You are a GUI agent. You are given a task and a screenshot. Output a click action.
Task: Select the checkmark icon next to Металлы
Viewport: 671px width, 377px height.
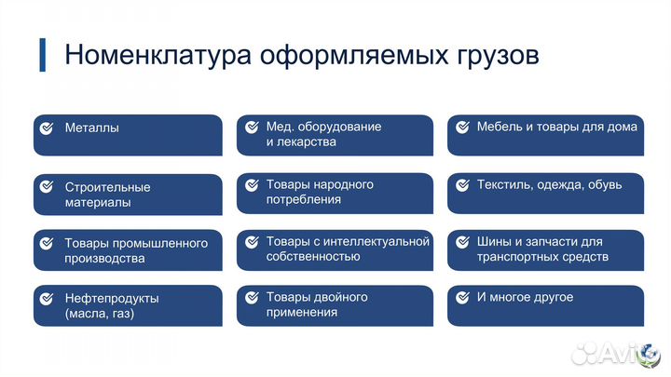[47, 128]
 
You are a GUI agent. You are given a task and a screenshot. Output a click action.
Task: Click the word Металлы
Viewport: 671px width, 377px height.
[91, 128]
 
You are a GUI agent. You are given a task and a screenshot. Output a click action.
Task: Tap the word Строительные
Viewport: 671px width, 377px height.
[107, 186]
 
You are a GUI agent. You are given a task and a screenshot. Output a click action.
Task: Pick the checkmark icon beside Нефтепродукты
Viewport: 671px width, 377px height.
[47, 299]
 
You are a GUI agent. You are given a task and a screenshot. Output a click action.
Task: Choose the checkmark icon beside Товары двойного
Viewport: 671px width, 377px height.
[251, 298]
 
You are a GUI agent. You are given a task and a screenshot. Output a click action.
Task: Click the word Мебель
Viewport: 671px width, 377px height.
[498, 127]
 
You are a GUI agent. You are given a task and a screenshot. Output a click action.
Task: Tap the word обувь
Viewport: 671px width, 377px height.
[603, 184]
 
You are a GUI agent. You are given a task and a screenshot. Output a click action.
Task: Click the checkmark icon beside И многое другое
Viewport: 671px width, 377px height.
[460, 298]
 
